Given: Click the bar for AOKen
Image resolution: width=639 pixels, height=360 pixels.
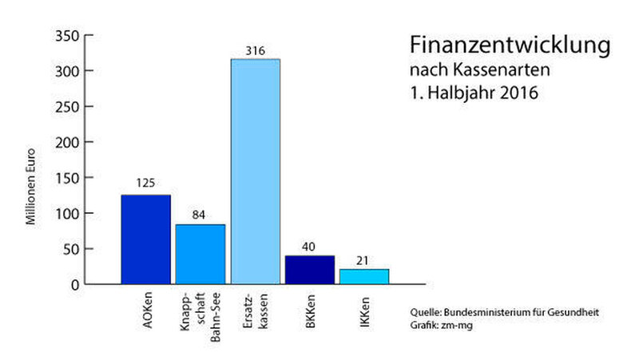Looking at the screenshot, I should click(145, 239).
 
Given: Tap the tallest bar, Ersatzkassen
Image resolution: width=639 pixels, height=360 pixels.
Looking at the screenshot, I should click(256, 172).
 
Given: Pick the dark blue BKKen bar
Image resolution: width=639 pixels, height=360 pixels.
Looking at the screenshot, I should click(310, 270).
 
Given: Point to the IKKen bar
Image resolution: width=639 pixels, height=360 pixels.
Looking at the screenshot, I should click(364, 276).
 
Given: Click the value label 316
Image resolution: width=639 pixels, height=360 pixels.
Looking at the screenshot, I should click(256, 51).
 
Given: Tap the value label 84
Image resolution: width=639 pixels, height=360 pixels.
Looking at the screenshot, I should click(200, 216).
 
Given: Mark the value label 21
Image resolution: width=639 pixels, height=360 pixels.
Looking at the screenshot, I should click(364, 261).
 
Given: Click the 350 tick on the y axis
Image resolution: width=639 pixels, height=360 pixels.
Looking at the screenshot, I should click(65, 36).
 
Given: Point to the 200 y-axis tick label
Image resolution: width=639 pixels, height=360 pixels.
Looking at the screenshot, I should click(65, 142).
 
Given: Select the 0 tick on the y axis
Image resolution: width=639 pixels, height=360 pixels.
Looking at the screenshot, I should click(74, 284).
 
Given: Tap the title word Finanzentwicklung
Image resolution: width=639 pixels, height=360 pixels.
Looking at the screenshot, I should click(510, 45).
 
